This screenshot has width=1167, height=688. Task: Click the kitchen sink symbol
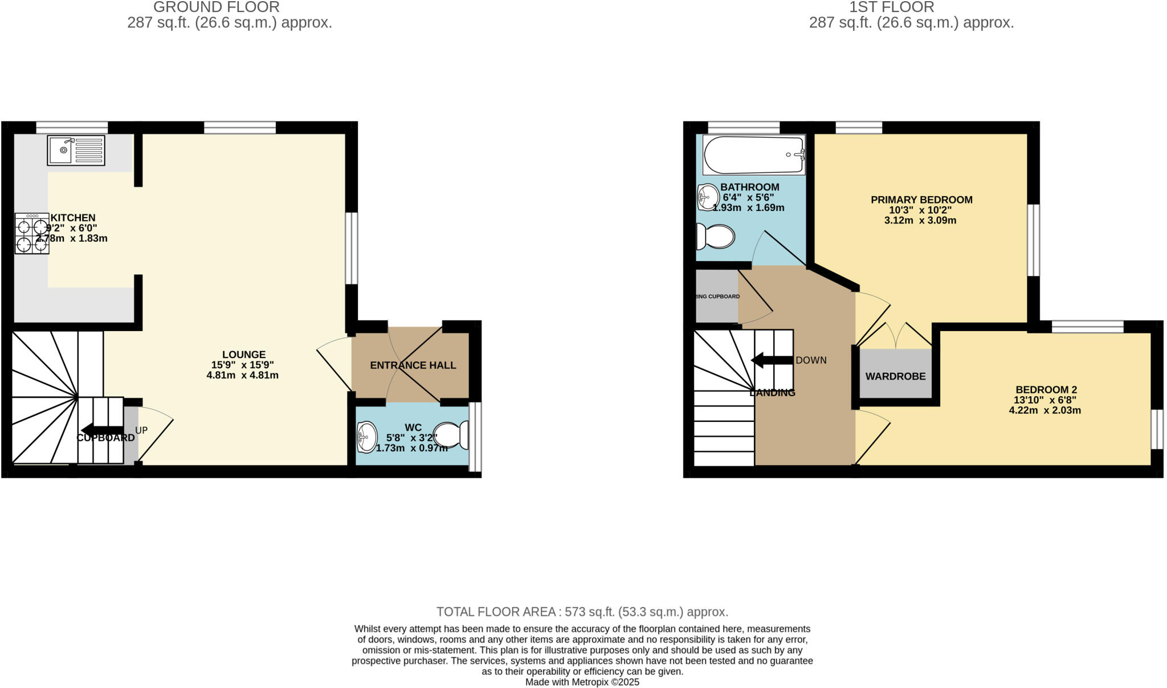pos(76,150)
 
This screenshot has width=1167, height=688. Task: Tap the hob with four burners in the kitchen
pos(32,233)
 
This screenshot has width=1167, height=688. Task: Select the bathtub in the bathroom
pos(753,155)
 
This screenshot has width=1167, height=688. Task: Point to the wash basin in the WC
pos(366,437)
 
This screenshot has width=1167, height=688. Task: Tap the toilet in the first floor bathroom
pos(715,236)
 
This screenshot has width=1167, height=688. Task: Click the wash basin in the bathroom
pos(707,197)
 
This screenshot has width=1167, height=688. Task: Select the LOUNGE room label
pos(243,355)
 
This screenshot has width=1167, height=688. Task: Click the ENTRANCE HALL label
pos(413,365)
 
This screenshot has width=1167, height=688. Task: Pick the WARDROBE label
pos(895,376)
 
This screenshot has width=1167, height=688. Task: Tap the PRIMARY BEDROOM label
pos(921,200)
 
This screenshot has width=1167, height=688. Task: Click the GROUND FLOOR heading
pos(216,7)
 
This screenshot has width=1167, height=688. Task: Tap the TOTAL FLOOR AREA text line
pos(582,612)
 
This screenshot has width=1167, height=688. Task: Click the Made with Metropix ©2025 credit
pos(582,682)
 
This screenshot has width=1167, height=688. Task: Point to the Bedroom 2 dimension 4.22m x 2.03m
pos(1044,410)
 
